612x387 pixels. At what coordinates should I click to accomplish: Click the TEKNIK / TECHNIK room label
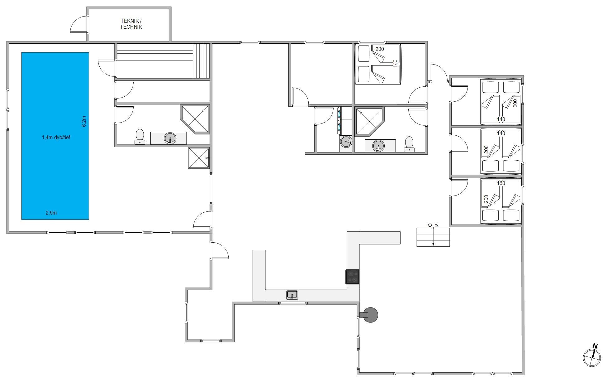point(131,24)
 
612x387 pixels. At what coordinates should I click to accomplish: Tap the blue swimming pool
point(55,136)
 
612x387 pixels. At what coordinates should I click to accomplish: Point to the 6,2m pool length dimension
point(84,121)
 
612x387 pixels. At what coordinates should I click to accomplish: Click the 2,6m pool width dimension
point(51,213)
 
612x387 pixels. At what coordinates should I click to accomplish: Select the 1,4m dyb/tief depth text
point(56,137)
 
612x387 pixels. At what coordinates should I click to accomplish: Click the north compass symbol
point(592,356)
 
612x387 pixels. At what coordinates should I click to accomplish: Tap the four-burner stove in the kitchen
point(353,277)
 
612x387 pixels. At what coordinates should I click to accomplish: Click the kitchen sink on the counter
point(292,295)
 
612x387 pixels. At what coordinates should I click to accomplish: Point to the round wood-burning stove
point(369,315)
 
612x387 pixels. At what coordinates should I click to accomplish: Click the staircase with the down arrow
point(433,237)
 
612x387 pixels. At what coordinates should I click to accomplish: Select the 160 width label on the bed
point(501,183)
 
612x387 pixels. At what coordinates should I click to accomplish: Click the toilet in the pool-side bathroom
point(140,137)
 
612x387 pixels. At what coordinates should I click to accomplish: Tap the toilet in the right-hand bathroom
point(409,144)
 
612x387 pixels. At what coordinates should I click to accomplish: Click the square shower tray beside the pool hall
point(198,158)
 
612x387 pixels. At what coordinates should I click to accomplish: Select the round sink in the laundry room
point(346,142)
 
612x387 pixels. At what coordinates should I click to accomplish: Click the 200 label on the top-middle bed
point(380,49)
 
